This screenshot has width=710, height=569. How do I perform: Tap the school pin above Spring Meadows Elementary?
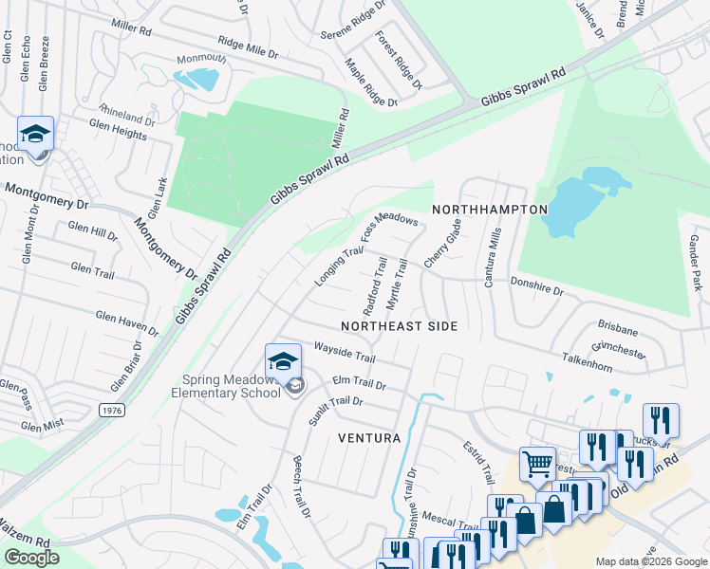283,363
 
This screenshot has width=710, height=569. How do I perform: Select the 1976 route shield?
111,409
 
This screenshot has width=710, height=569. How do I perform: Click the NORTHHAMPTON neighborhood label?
490,209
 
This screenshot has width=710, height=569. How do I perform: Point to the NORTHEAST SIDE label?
399,326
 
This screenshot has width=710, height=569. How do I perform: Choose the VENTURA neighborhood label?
369,439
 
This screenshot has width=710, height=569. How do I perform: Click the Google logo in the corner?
32,558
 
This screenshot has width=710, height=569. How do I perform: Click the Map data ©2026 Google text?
650,561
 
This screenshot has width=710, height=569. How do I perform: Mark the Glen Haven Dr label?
126,323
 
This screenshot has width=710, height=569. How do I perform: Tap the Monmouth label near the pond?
202,59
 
